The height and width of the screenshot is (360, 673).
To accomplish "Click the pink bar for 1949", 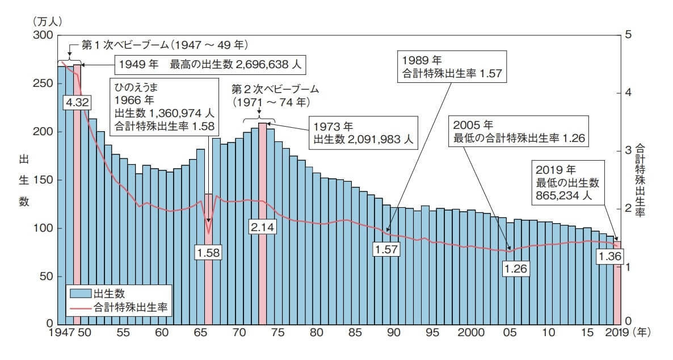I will click(x=77, y=170).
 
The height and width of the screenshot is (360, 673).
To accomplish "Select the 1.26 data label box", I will click(x=516, y=267).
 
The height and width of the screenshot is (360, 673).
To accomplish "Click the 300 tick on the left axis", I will click(x=44, y=35).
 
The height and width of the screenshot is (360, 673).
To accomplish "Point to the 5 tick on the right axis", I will click(x=627, y=35).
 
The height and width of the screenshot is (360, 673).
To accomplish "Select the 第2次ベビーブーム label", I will click(x=276, y=90).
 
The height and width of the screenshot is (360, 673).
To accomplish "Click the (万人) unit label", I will click(x=48, y=22).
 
